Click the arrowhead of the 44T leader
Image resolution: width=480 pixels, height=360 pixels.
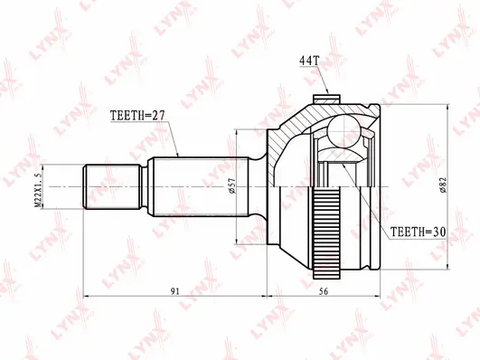(x=328, y=96)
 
